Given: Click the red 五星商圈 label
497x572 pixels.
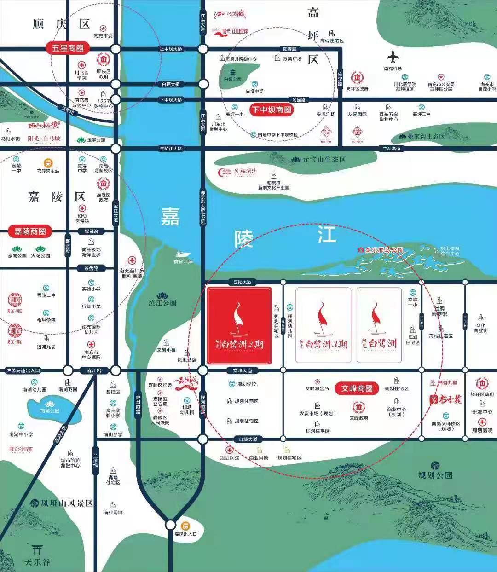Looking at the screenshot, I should click(x=68, y=48).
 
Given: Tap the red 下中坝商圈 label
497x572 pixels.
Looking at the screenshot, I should click(x=272, y=110).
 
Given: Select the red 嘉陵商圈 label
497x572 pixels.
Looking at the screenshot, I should click(x=30, y=231).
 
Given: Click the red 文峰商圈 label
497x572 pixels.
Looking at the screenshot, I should click(x=357, y=388).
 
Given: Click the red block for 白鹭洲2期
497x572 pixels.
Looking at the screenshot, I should click(x=239, y=325).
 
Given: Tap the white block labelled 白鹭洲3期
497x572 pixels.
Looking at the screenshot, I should click(x=323, y=325).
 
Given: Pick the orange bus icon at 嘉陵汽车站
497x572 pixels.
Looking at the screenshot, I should click(x=48, y=163).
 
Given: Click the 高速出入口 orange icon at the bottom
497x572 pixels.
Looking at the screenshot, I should click(x=185, y=526).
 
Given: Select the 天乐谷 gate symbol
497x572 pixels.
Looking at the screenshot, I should click(x=38, y=549).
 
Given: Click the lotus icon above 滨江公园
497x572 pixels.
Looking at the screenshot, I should click(x=162, y=295).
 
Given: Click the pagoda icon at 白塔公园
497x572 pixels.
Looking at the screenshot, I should click(x=232, y=72).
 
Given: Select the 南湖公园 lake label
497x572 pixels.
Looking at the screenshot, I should click(x=50, y=410).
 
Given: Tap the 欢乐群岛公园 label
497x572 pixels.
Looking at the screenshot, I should click(x=384, y=250).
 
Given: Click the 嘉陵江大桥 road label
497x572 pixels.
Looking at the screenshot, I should click(x=171, y=149).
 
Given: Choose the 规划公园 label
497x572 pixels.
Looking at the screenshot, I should click(x=435, y=475).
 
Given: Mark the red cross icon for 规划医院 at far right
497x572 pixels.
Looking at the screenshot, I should click(x=482, y=422).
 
